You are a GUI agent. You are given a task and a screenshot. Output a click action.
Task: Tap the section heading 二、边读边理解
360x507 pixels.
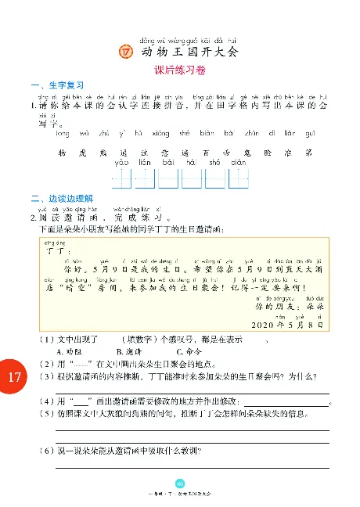click(x=61, y=197)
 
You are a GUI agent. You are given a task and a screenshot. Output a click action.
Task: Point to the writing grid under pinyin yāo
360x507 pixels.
click(x=122, y=179)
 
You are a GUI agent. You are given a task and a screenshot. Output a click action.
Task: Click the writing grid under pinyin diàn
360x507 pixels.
click(x=239, y=179)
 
